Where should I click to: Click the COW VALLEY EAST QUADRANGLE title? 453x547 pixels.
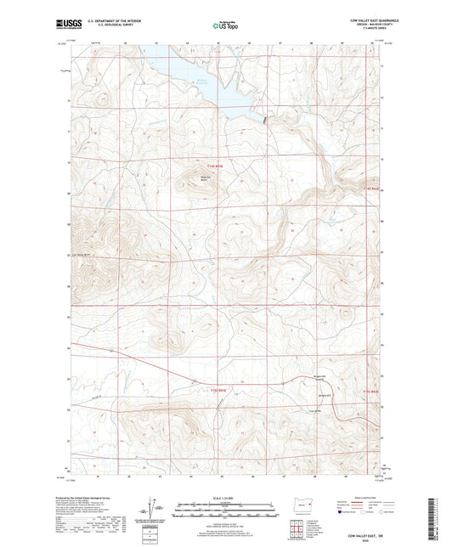358,19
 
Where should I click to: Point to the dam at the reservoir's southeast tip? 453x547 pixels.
264,121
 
